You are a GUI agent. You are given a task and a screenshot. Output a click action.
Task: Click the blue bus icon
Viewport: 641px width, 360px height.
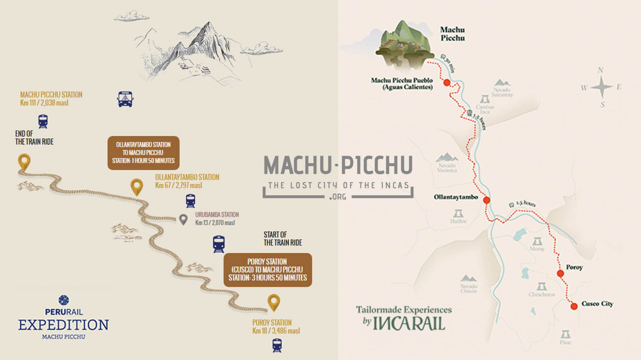point(125,99)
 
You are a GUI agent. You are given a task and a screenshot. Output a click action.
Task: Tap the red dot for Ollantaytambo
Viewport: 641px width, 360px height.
point(486,200)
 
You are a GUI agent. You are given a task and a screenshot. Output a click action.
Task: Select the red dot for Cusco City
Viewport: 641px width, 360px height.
point(574,306)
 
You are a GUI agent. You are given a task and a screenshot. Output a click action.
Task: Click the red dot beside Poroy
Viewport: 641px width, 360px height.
point(560,274)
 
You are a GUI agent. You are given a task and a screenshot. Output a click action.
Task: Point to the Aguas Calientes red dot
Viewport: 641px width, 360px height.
point(447,83)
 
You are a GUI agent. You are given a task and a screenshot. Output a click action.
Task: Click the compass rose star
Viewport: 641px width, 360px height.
point(601,87)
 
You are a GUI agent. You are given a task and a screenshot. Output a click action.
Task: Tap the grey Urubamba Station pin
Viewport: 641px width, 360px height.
point(183,219)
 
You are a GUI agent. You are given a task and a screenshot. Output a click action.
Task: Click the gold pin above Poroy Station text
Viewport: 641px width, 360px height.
point(274,302)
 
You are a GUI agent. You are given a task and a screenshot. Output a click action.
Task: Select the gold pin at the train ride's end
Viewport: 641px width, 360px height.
point(24,162)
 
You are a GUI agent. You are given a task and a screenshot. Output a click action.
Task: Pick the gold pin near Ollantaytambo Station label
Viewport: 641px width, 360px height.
point(136,187)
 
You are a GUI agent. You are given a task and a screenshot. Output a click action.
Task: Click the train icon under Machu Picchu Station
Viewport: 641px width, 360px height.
point(43,121)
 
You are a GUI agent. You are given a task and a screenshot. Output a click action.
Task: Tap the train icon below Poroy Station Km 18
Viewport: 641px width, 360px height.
point(277,346)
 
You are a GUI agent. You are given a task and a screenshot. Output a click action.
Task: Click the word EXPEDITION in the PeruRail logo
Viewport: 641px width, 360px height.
point(64,325)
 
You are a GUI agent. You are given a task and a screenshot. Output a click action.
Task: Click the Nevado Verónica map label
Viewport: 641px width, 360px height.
point(447,168)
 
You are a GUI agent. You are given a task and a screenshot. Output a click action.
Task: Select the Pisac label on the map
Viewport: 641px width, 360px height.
point(566,342)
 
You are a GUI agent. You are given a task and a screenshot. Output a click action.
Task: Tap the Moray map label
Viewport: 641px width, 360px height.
point(537,249)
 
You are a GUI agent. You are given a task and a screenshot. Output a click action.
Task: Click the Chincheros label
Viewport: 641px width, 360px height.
point(541,294)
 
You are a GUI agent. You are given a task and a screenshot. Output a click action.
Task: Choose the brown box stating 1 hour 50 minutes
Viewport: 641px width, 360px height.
point(143,153)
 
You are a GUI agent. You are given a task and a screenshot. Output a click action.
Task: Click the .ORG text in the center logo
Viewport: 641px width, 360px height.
point(338,197)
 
